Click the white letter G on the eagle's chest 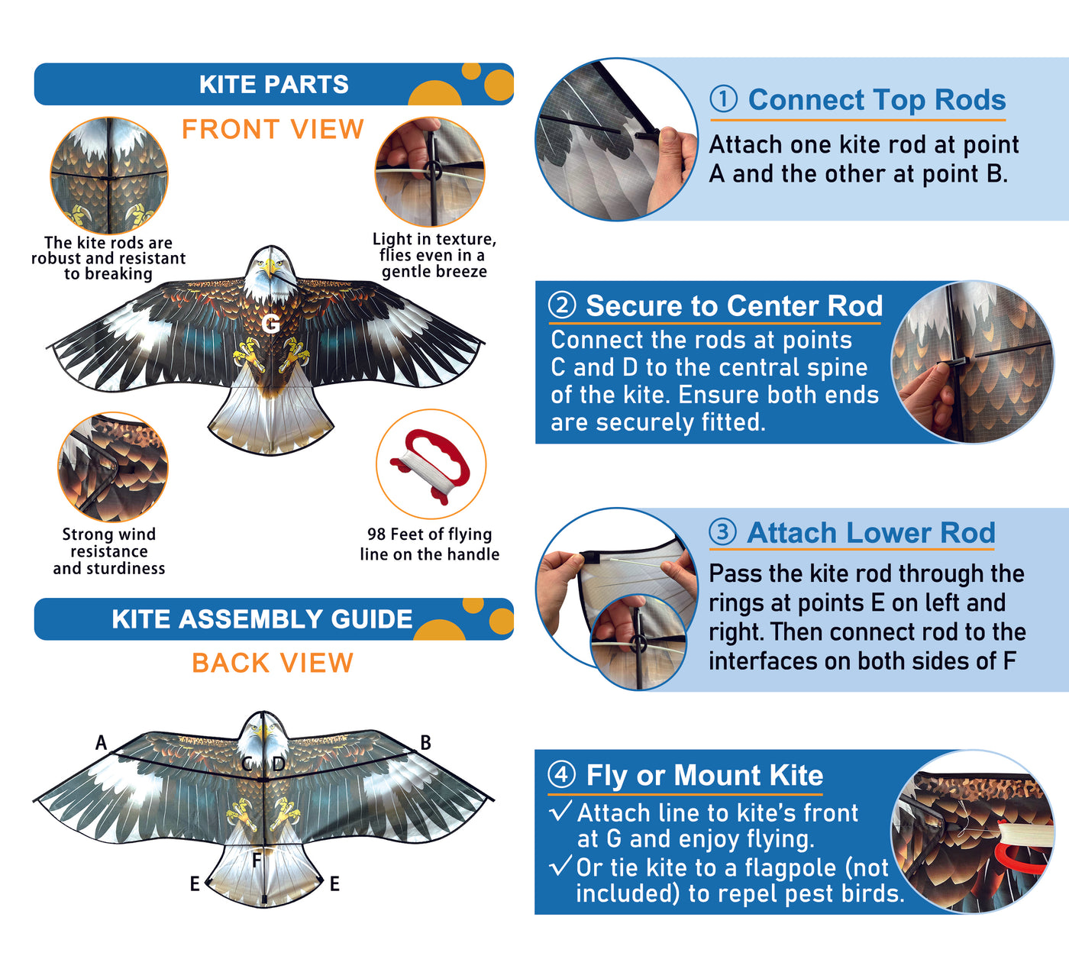tap(271, 323)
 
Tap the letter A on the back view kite tap(101, 742)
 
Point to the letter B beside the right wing tap(425, 742)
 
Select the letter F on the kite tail tap(257, 860)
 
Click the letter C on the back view tap(247, 764)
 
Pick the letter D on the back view tap(279, 764)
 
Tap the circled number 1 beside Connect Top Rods tap(723, 100)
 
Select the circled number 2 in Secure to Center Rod tap(562, 306)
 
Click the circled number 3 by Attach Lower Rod tap(722, 532)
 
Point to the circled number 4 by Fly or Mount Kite tap(562, 774)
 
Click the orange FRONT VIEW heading tap(273, 129)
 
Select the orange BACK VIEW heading tap(273, 663)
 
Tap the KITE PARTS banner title tap(274, 84)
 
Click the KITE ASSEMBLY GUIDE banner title tap(262, 618)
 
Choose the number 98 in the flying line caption tap(376, 534)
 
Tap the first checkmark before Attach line tap(560, 811)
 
